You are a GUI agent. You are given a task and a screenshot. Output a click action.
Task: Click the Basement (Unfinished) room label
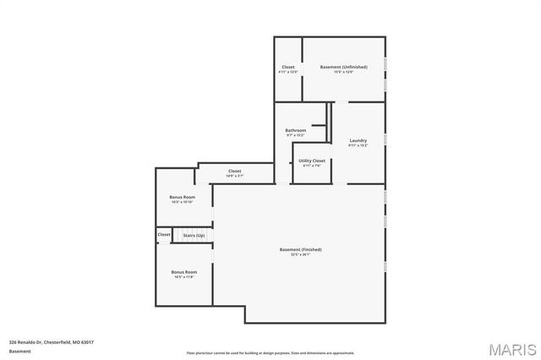(342, 66)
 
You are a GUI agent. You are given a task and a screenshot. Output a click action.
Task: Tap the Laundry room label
(358, 140)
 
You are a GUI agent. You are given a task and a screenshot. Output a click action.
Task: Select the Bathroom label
(295, 130)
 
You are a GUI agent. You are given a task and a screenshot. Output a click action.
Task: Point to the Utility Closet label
(312, 160)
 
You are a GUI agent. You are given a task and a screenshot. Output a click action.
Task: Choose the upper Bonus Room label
(183, 197)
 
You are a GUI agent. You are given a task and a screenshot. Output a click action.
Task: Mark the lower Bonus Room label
(183, 272)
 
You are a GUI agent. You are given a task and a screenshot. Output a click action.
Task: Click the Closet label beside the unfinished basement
(288, 66)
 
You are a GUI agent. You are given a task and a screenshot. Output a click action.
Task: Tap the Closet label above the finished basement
(235, 171)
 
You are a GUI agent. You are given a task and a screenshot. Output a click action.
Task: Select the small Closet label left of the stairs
(164, 234)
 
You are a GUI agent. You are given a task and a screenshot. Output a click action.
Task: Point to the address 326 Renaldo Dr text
(51, 341)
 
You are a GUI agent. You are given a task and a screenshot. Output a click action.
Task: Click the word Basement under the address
(19, 351)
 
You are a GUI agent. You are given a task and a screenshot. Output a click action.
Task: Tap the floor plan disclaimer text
(270, 352)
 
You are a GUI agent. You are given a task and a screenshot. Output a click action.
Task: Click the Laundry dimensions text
(358, 145)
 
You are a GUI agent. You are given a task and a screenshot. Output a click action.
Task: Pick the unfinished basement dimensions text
(342, 72)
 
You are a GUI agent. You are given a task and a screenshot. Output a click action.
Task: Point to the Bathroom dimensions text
(295, 135)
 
